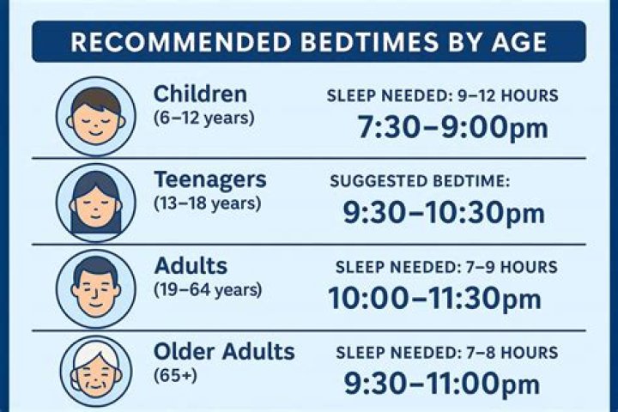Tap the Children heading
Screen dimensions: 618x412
200,94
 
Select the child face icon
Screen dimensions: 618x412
96,117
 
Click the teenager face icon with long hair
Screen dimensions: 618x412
96,203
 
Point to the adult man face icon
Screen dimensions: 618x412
96,288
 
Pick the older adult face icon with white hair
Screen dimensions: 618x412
96,372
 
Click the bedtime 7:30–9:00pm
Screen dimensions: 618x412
452,127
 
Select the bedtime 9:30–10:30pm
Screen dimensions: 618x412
444,213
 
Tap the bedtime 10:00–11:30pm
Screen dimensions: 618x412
434,299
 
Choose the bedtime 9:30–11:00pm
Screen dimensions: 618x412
442,384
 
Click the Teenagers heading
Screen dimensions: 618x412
210,180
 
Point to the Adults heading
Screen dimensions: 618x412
191,266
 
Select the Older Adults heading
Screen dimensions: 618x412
224,351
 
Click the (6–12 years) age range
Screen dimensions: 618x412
204,118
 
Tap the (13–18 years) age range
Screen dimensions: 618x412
208,203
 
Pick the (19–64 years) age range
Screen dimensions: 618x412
208,290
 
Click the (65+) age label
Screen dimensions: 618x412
175,375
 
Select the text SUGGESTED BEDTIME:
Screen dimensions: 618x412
420,181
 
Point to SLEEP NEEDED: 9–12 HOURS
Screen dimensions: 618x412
443,96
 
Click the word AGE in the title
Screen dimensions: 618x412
519,42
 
